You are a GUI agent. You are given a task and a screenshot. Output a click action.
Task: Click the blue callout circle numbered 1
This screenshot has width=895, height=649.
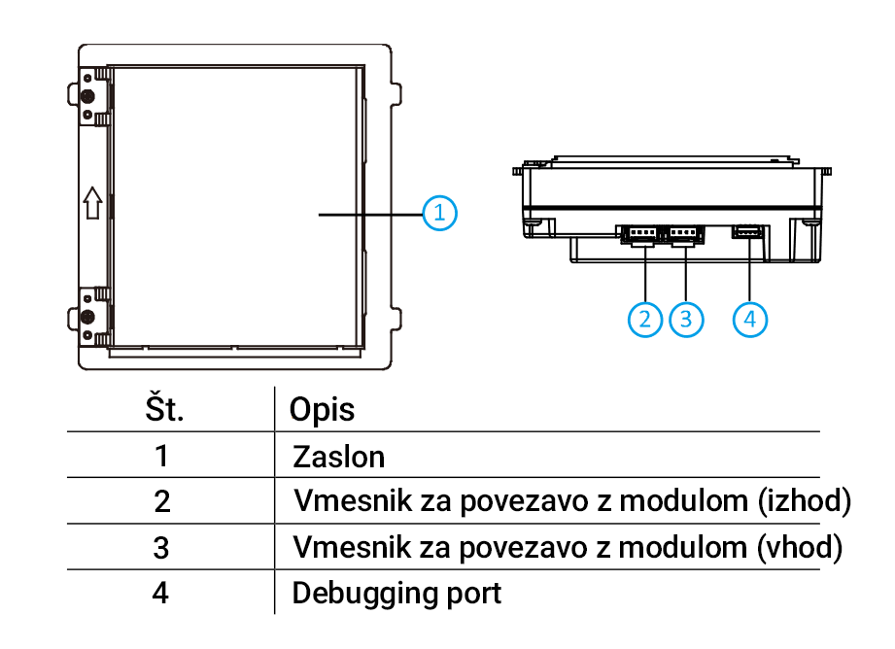[439, 211]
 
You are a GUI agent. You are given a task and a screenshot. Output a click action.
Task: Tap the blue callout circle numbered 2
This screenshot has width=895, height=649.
[644, 318]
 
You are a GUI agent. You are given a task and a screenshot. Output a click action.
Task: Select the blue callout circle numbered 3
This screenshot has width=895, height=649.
[686, 318]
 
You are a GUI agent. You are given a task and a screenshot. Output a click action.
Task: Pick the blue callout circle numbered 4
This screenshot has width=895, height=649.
[750, 318]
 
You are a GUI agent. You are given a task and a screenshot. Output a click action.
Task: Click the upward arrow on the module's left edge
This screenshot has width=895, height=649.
[91, 204]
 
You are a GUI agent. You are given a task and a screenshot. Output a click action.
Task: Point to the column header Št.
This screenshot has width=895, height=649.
[162, 409]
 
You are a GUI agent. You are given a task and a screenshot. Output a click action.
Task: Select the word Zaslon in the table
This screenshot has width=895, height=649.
[339, 456]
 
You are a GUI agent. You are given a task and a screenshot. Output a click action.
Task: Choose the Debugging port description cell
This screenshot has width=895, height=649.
[397, 592]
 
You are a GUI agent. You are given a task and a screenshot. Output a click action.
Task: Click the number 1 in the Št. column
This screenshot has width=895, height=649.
[161, 456]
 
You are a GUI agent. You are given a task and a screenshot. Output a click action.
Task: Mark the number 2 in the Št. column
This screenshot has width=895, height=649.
[161, 501]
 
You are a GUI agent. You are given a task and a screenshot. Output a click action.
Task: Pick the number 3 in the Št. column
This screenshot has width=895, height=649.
[161, 547]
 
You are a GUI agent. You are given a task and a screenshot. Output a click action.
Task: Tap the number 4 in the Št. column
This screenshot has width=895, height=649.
[161, 592]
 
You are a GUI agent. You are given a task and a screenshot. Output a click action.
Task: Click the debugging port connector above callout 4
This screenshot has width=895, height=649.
[749, 231]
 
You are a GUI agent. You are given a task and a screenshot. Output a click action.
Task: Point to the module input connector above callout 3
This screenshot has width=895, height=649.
[684, 233]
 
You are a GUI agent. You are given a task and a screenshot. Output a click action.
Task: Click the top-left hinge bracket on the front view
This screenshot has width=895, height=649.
[90, 96]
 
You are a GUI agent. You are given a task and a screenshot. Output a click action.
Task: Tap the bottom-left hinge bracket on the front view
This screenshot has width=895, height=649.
[90, 317]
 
